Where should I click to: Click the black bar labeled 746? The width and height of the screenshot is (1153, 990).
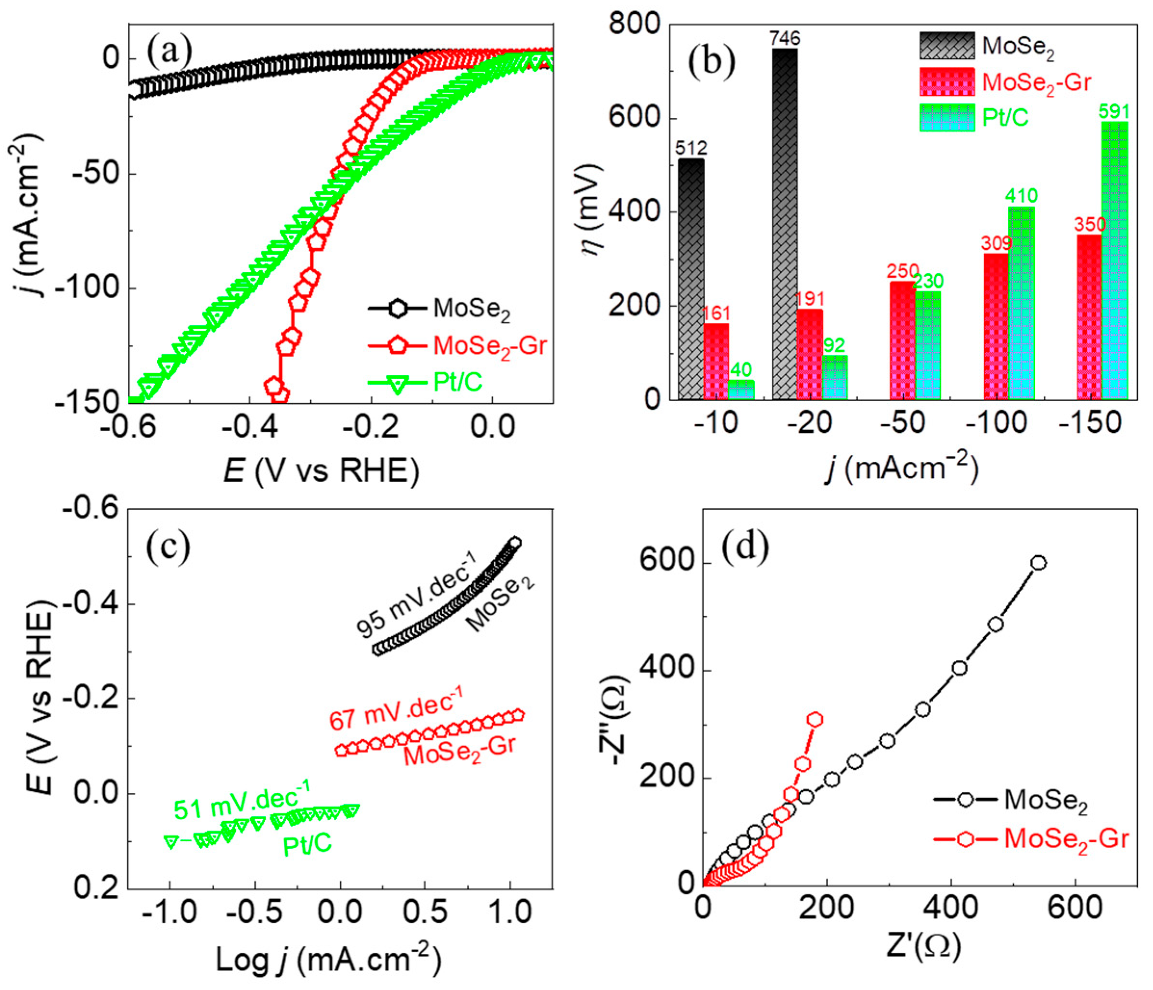point(784,222)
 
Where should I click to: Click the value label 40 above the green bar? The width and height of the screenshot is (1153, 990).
point(741,369)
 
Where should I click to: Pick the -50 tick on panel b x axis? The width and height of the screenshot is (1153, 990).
point(903,423)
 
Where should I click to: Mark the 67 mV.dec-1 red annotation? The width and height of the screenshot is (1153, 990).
point(396,712)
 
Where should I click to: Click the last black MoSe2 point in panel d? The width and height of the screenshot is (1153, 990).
point(1038,563)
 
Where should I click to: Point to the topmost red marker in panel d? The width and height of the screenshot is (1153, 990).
point(815,720)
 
